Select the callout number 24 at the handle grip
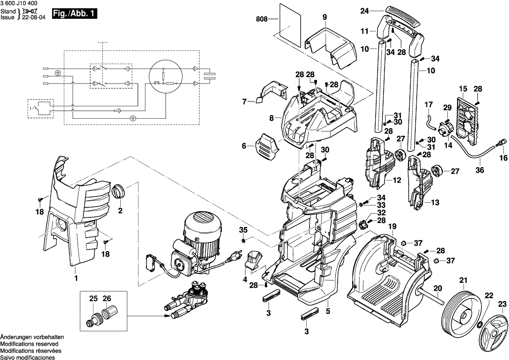click(x=365, y=10)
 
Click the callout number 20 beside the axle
click(x=437, y=288)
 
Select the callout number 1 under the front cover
click(x=76, y=278)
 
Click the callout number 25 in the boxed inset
click(x=94, y=299)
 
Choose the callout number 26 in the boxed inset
click(x=107, y=299)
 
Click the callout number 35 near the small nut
click(x=243, y=229)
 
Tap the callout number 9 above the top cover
click(x=324, y=18)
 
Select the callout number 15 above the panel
click(x=463, y=89)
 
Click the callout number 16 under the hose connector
click(x=503, y=158)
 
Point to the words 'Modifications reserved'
click(x=29, y=343)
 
